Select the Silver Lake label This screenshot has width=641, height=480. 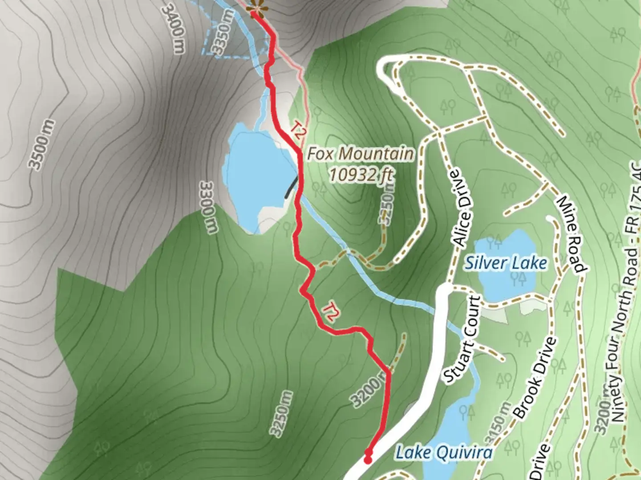[x=506, y=263]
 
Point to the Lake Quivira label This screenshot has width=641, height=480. [x=444, y=453]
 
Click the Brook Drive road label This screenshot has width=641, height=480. [x=535, y=378]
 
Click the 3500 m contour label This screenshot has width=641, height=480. [x=42, y=144]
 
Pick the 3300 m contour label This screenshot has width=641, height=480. [x=209, y=206]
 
